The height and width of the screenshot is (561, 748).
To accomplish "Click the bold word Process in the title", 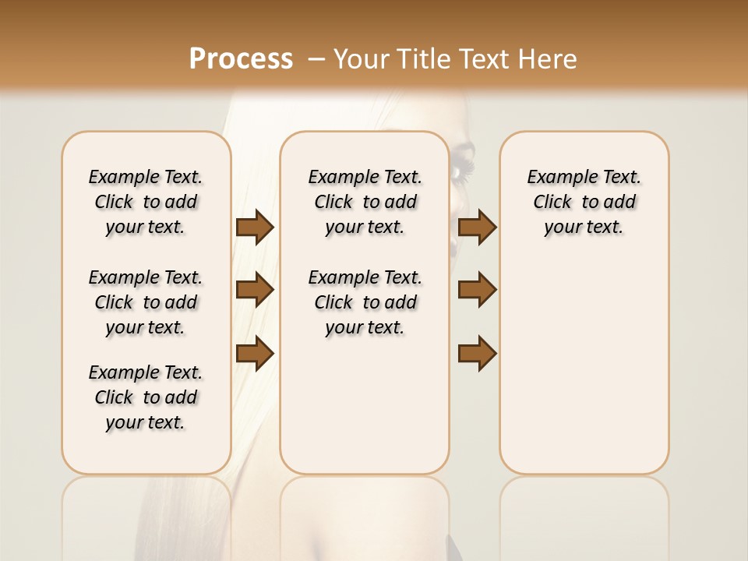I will click(241, 59).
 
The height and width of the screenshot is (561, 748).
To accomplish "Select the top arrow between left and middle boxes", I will click(255, 227).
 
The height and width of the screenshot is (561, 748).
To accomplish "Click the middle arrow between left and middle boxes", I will click(255, 290).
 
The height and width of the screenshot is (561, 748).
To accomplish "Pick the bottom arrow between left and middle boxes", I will click(255, 354).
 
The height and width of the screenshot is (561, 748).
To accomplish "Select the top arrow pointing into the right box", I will click(477, 227).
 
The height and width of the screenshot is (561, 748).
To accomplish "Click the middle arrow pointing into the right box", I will click(477, 290).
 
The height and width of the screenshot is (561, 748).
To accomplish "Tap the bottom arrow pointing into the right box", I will click(477, 354).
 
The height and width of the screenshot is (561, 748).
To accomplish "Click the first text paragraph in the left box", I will click(146, 202).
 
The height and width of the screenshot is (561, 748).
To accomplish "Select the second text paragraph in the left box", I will click(146, 302).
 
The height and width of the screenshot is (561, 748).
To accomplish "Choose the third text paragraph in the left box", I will click(146, 397).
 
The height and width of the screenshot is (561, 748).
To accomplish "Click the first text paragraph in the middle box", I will click(365, 202).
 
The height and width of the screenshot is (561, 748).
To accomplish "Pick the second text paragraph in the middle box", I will click(365, 302).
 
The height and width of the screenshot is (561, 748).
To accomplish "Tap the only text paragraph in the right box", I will click(584, 202).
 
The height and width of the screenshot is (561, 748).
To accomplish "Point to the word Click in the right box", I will click(552, 203).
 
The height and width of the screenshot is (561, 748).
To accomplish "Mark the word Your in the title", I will click(362, 59).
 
